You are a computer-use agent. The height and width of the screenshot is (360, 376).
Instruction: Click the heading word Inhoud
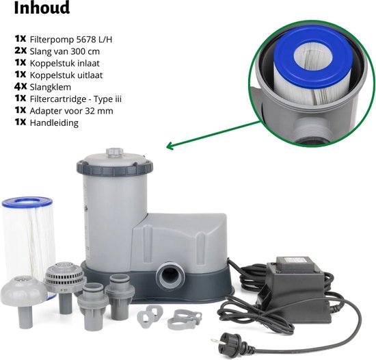42,8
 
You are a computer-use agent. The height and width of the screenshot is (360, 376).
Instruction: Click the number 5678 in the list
86,40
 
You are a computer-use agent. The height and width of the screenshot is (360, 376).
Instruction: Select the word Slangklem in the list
51,87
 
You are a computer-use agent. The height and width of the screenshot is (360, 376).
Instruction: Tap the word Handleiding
54,123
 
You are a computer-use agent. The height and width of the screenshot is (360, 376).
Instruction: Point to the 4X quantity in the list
21,86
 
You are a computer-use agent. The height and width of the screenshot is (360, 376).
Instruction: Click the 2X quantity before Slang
21,51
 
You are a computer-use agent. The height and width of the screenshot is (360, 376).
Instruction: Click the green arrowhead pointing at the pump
170,146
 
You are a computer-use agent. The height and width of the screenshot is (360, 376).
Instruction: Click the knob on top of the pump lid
115,152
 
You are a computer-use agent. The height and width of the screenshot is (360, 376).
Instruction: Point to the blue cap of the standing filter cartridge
27,201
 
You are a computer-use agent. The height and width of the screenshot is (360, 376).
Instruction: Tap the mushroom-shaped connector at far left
24,299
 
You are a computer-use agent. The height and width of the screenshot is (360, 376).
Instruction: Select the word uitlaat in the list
90,75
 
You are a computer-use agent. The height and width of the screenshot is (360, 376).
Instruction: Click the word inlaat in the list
88,63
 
